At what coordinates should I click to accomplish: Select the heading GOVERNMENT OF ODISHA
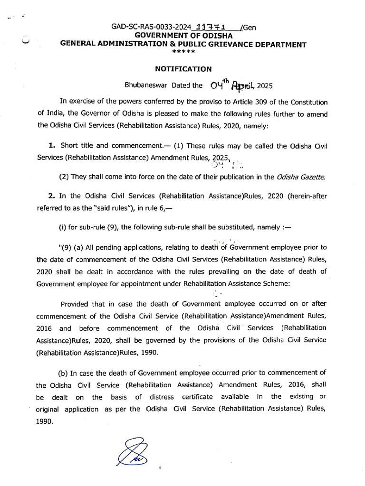tap(183, 36)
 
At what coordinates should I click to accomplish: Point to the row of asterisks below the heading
tap(183, 52)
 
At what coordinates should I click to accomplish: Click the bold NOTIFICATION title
tap(183, 69)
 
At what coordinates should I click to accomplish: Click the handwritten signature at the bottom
tap(131, 452)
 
